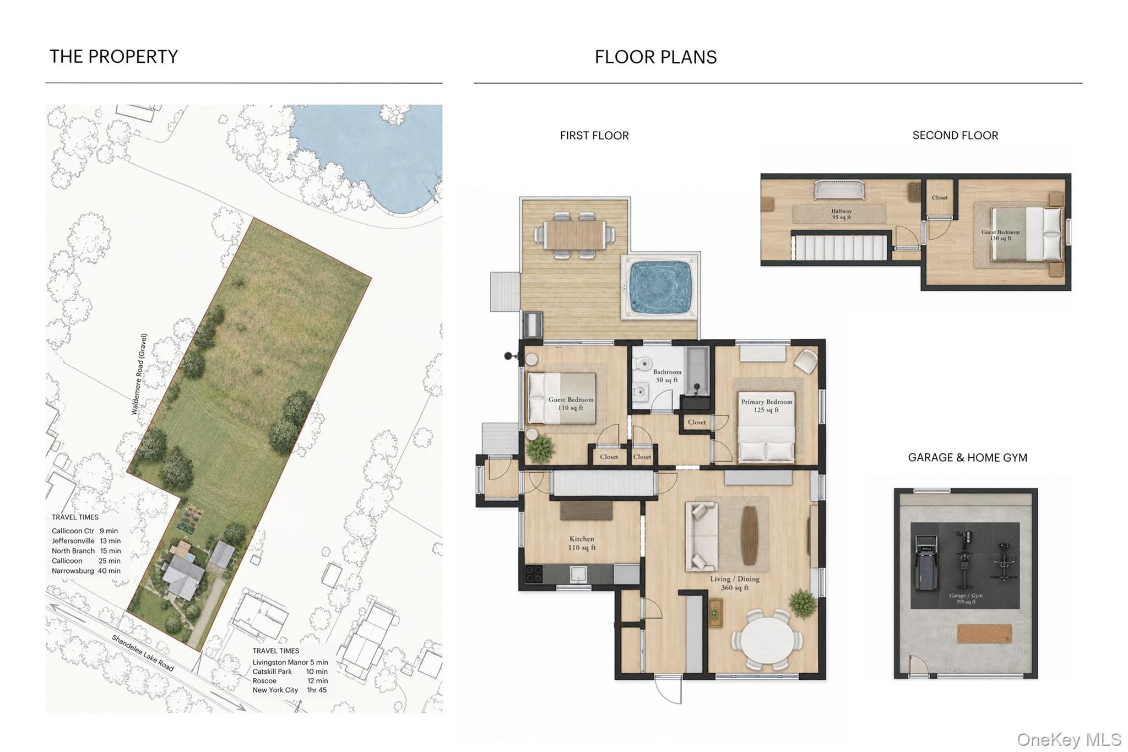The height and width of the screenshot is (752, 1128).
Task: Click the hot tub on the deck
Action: coord(660,286)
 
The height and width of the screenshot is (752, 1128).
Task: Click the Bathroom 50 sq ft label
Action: coord(667,376)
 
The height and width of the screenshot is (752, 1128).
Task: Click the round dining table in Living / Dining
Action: coord(767,639)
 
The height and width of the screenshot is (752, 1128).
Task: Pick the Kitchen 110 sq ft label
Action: coord(582,543)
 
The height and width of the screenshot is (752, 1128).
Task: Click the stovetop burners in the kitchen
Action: coord(533,575)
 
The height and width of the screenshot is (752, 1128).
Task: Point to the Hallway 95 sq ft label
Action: coord(841,214)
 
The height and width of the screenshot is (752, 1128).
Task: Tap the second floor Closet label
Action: coord(940,198)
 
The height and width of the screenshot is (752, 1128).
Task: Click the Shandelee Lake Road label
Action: coord(143,653)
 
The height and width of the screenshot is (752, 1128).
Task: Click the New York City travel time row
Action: coord(290,690)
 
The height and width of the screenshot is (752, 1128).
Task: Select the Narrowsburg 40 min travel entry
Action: coord(86,571)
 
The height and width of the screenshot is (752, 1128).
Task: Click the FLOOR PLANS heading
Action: coord(655,57)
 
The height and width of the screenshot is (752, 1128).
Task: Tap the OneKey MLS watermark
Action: coord(1069,739)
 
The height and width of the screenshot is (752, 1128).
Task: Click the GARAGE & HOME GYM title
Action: coord(967,458)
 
